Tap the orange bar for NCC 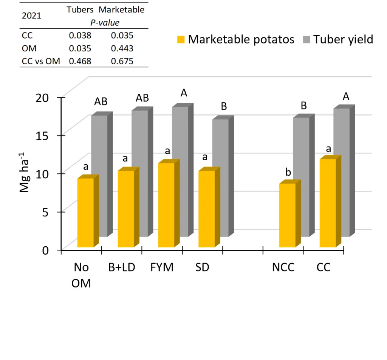(287, 215)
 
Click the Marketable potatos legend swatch (181, 40)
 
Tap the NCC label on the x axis (283, 267)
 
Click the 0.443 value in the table (122, 49)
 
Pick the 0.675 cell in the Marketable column (122, 61)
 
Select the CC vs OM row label (41, 61)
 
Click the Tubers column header (80, 10)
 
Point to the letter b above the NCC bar (288, 173)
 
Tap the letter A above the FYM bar (184, 93)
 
